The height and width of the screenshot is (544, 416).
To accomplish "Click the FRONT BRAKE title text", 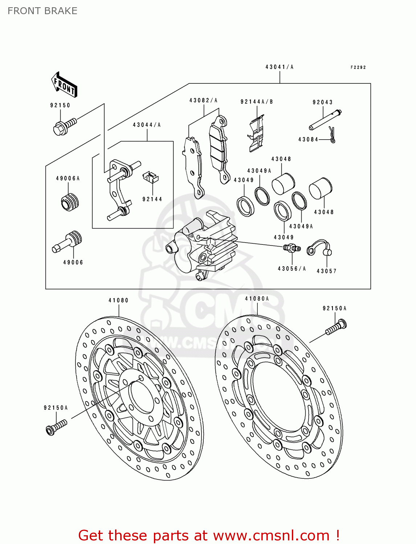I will pos(42,11).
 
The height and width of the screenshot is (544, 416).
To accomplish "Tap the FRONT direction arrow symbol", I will pos(64,85).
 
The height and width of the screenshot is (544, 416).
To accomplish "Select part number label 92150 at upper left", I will pos(60,105).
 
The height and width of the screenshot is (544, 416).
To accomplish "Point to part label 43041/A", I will pos(279,67).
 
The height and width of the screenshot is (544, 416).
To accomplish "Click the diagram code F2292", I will pos(358,67).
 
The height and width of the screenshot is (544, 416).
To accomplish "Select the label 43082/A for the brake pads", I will pos(203,100).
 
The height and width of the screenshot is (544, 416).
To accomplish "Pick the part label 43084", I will pos(308,140).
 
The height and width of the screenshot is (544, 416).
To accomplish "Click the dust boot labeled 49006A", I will pos(70,202).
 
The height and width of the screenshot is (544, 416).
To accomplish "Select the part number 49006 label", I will pos(73,262).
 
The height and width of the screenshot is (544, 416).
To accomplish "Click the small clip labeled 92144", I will pos(150,177).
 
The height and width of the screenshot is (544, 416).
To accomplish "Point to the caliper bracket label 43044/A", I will pos(147,125).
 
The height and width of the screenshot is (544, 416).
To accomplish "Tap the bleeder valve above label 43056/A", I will pos(292,248).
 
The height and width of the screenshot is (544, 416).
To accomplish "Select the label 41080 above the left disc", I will pos(118,300).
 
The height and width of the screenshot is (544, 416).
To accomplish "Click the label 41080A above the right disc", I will pos(257,299).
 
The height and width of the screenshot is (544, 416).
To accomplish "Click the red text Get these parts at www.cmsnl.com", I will pos(209,535).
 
